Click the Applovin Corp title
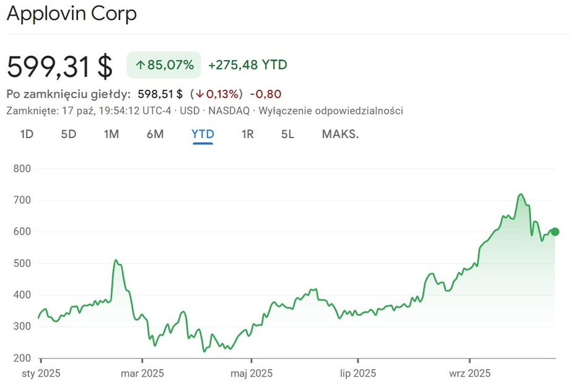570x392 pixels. point(72,14)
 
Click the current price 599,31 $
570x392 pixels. point(59,66)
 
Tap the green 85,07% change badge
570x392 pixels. point(164,65)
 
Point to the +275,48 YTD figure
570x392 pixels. point(248,65)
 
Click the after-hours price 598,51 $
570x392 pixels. point(160,94)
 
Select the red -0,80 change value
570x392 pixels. point(266,94)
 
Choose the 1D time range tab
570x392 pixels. point(27,134)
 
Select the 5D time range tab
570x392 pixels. point(68,134)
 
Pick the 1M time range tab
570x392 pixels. point(111,134)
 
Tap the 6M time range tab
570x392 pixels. point(155,134)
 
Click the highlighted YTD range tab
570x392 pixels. point(203,134)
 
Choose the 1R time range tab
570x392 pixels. point(247,134)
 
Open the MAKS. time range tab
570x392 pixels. point(340,134)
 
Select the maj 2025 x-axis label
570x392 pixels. point(252,373)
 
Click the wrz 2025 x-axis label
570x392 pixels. point(470,373)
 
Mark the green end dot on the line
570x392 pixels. point(555,232)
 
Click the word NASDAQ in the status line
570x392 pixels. point(229,111)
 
